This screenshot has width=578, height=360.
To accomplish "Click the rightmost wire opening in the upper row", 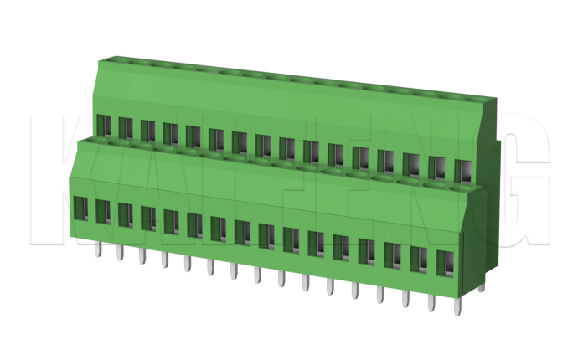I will pyautogui.click(x=461, y=170).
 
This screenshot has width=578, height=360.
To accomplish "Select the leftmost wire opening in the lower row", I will pyautogui.click(x=81, y=208).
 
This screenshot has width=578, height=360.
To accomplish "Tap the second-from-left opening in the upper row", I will pyautogui.click(x=126, y=126).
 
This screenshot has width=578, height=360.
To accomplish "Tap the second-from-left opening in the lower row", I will pyautogui.click(x=103, y=211).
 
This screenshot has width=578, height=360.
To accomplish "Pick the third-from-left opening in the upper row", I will pyautogui.click(x=148, y=129).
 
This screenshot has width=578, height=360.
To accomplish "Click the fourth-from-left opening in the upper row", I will pyautogui.click(x=170, y=132).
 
